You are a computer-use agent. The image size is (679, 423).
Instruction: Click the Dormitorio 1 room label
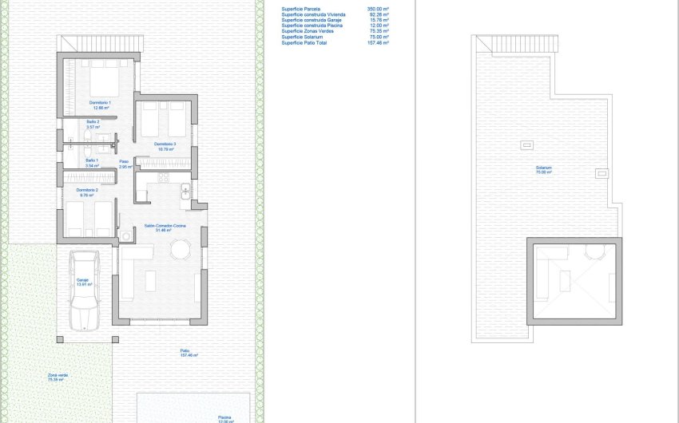pyautogui.click(x=100, y=105)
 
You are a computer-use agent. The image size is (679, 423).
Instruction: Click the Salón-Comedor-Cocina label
pyautogui.click(x=164, y=227)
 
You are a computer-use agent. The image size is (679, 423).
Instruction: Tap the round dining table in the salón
pyautogui.click(x=181, y=251)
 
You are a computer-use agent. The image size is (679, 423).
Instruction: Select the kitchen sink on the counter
pyautogui.click(x=185, y=190)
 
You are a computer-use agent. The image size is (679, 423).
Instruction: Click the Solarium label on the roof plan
pyautogui.click(x=544, y=169)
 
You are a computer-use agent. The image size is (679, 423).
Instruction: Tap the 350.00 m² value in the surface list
pyautogui.click(x=377, y=9)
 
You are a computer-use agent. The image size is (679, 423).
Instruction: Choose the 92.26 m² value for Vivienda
pyautogui.click(x=378, y=14)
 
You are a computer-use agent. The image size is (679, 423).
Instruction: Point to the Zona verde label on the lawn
pyautogui.click(x=56, y=377)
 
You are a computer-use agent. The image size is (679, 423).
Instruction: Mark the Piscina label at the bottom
pyautogui.click(x=225, y=417)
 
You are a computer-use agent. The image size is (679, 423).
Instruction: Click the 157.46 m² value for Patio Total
pyautogui.click(x=377, y=42)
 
